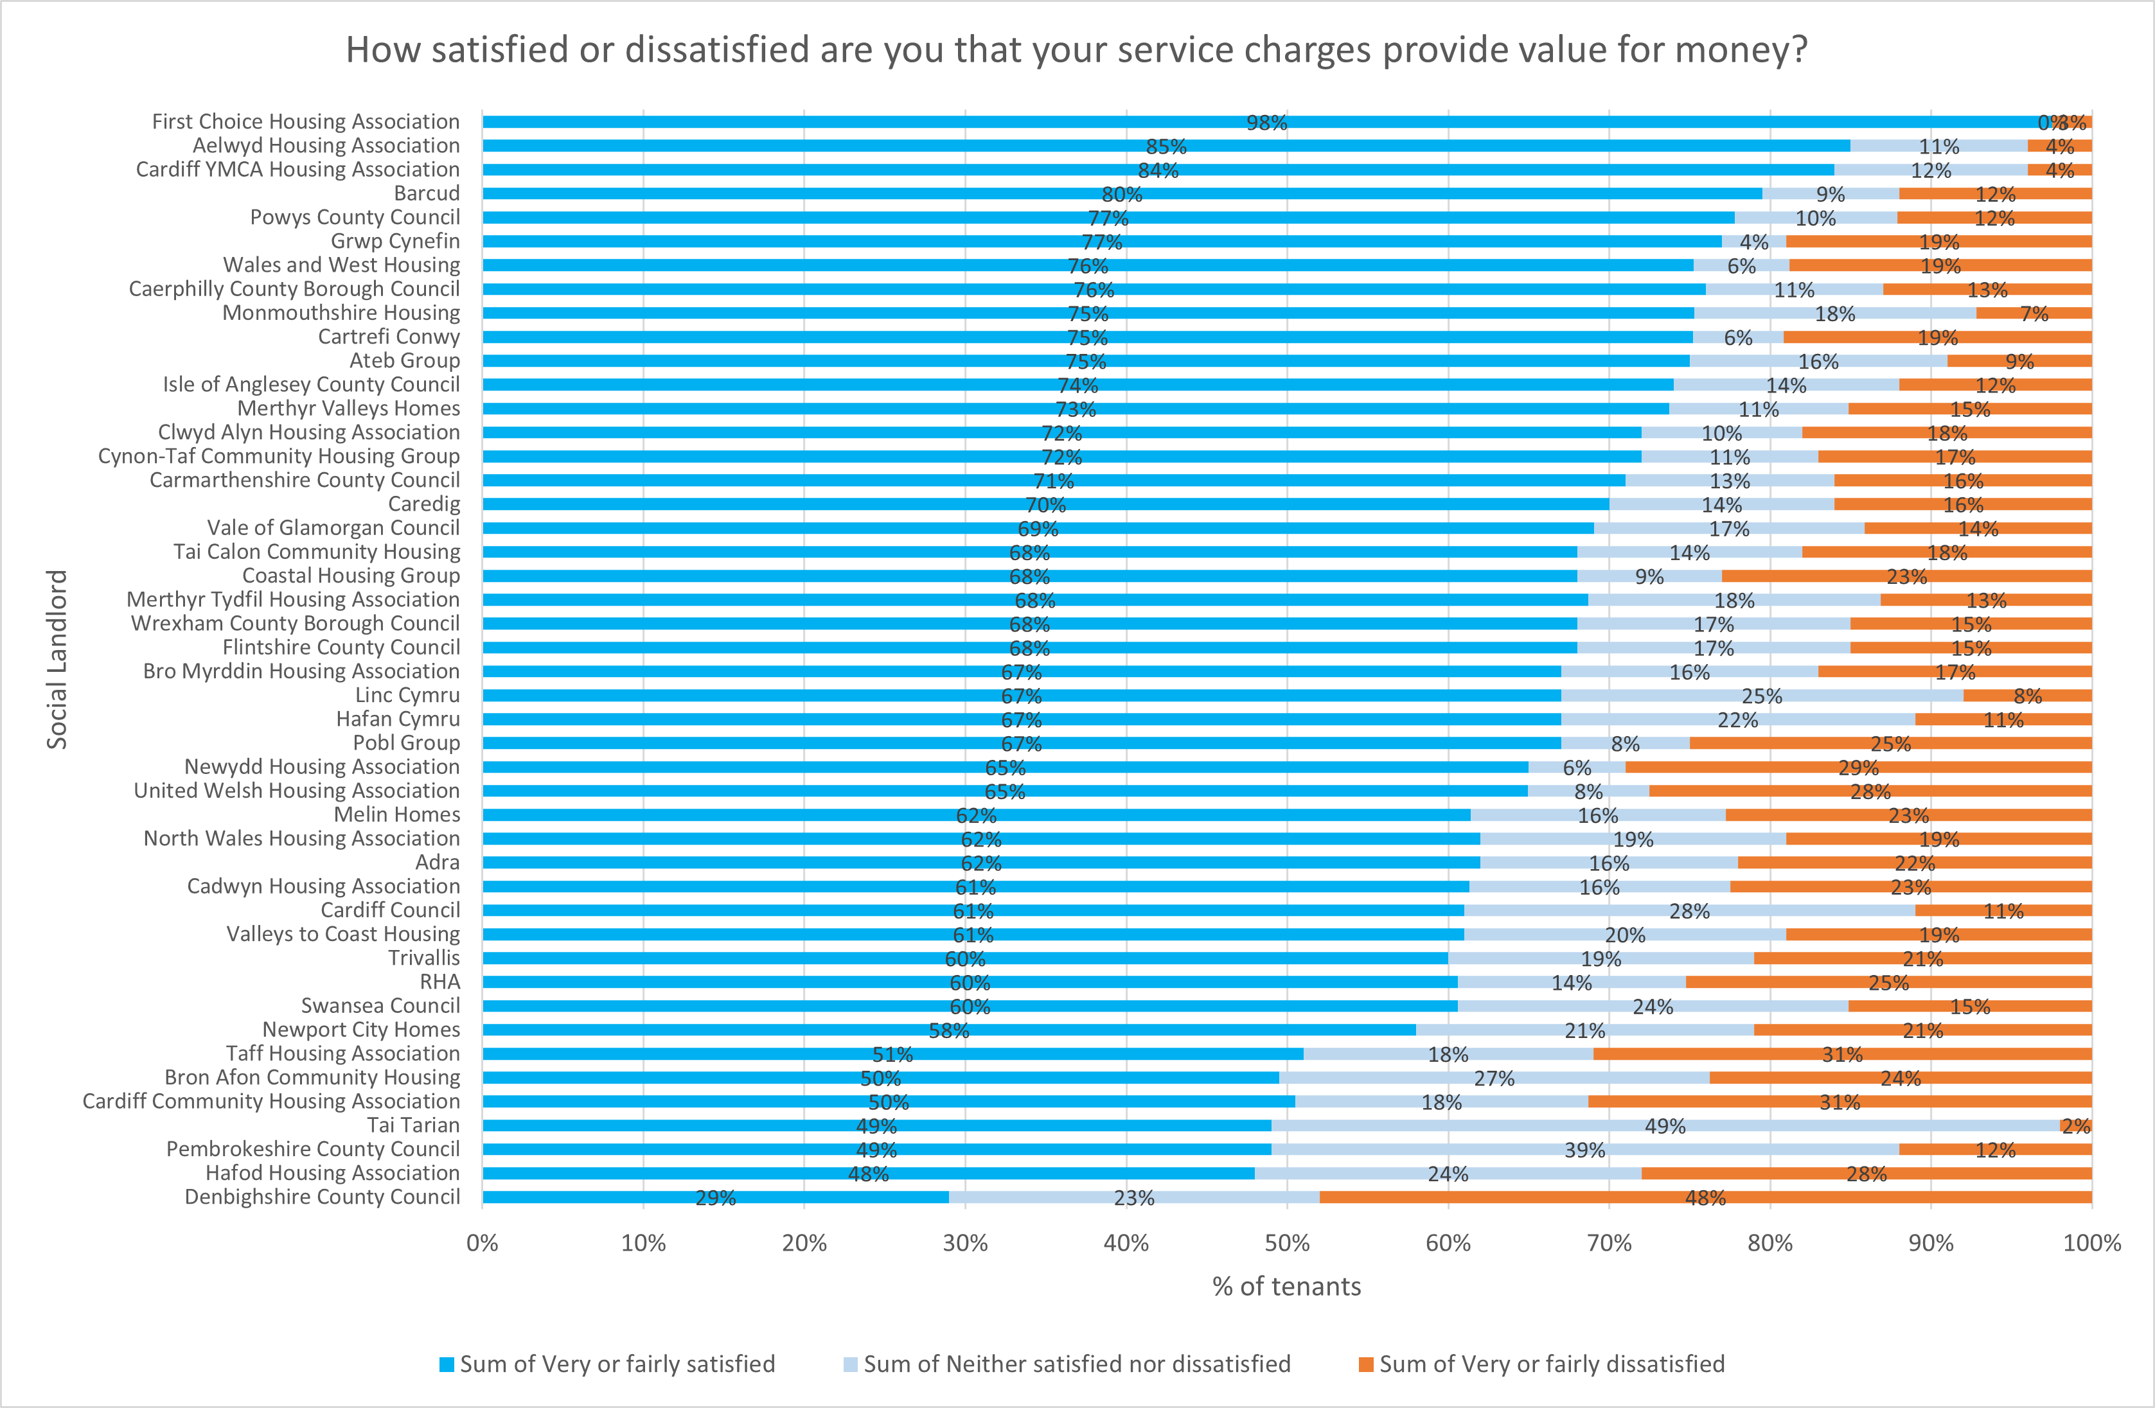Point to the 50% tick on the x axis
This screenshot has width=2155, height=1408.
pos(1287,1243)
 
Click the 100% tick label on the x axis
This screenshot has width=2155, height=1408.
pos(2091,1243)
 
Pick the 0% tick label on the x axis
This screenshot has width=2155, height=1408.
pos(483,1243)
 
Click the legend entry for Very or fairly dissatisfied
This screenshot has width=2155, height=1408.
pos(1551,1364)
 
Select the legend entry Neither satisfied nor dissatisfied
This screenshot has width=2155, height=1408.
pos(1076,1364)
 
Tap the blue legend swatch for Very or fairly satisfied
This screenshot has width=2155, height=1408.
pos(447,1364)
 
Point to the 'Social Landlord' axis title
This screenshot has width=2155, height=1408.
pos(57,659)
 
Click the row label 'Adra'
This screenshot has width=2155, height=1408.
pos(438,862)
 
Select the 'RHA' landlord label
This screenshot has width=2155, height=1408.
pos(440,981)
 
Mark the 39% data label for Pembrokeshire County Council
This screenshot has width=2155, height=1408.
pos(1584,1150)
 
